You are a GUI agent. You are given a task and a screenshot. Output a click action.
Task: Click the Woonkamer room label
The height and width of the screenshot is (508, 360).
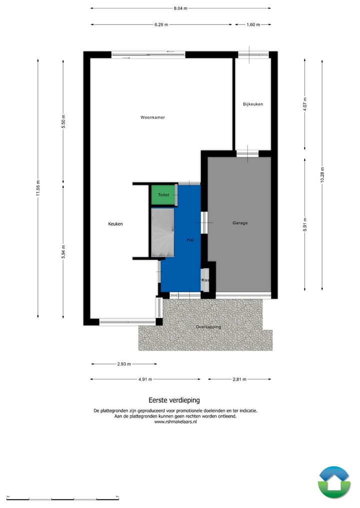coord(152,117)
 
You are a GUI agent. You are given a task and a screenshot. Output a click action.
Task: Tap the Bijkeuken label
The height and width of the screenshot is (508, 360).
coord(252,104)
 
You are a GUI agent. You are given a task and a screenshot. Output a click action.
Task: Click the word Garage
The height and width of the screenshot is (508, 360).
coord(240,223)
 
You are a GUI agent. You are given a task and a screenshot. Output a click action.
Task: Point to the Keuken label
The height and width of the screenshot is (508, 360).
coord(115,224)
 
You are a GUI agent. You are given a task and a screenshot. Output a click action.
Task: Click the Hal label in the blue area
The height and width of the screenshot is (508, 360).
coord(190,240)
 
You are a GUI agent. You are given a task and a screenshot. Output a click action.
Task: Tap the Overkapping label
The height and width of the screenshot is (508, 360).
coord(208,327)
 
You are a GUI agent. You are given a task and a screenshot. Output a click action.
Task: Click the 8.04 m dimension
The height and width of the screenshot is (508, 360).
coord(181,8)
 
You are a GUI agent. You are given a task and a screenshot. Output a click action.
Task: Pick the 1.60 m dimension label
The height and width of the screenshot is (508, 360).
coord(253,24)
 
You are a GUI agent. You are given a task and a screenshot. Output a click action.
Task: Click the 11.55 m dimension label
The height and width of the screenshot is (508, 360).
coord(38,188)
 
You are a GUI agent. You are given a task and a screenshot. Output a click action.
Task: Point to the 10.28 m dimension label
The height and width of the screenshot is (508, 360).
coord(322,174)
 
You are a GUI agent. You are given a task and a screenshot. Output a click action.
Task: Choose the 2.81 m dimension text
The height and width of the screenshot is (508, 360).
coord(239,379)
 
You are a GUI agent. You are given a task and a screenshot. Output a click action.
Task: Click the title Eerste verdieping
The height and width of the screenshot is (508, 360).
coord(174,400)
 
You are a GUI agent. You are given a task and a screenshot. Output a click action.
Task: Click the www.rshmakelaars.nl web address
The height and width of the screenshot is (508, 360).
coord(175,421)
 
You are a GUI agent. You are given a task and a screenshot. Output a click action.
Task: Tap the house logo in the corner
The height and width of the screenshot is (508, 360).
coord(334,482)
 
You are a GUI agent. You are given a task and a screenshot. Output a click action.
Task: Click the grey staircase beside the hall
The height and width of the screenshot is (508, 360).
coord(161,232)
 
